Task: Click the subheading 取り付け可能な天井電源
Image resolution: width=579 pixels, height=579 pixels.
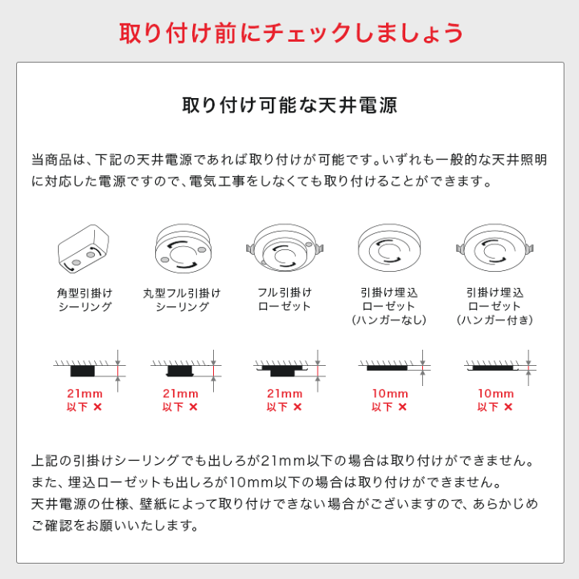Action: point(290,106)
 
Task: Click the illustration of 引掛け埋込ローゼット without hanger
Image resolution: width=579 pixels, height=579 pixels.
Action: point(389,244)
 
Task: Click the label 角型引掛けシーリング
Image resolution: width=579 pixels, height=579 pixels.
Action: point(84,300)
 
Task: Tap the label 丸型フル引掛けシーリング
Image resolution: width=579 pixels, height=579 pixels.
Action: point(181,300)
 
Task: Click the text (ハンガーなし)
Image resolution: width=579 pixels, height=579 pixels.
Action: point(389,320)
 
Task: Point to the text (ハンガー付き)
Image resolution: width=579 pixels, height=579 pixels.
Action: point(495,320)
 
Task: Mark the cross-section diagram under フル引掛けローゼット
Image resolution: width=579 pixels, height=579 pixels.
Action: point(289,368)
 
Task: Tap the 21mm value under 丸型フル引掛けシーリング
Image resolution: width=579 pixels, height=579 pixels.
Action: point(181,393)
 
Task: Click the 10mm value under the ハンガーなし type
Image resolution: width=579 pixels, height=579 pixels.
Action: point(389,393)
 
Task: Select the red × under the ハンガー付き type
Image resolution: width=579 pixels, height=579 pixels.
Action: point(507,407)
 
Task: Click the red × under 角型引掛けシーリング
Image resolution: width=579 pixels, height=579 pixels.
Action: point(97,407)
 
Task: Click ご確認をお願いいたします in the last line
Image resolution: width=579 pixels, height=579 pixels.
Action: point(114,527)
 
